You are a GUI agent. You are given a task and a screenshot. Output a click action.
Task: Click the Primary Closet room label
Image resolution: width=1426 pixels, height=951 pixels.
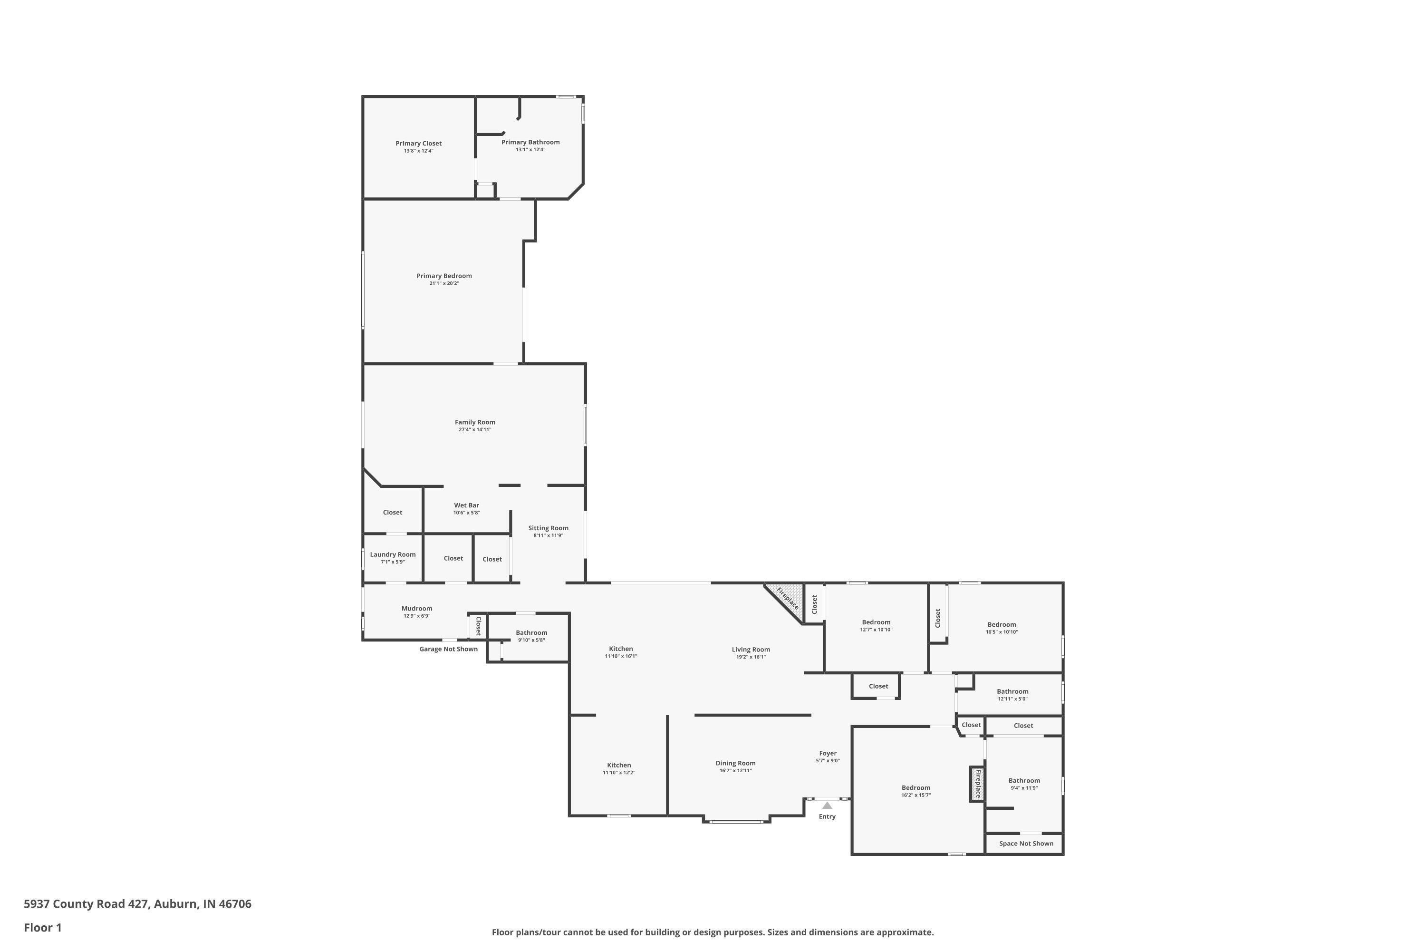click(x=418, y=144)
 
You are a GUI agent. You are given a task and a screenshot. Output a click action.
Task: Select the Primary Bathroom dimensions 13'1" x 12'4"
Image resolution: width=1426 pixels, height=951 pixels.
click(x=530, y=150)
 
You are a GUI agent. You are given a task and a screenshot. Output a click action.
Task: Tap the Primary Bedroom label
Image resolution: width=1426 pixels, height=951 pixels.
click(x=444, y=276)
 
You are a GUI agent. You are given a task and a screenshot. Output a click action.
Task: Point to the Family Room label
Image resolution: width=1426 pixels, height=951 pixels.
click(x=475, y=422)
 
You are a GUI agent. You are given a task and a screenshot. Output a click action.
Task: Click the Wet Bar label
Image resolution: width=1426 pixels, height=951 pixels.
click(x=466, y=505)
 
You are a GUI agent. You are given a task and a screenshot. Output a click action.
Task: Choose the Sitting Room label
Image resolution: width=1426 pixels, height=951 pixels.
click(x=548, y=528)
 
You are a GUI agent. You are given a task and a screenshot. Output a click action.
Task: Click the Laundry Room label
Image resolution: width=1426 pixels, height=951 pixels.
click(x=393, y=554)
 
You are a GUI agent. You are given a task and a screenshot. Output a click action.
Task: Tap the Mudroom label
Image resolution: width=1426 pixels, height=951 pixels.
click(x=416, y=608)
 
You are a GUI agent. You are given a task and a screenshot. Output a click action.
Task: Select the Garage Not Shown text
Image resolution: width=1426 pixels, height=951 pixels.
click(x=448, y=649)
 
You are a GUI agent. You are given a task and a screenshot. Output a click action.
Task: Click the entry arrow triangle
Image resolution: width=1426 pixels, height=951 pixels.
click(x=827, y=805)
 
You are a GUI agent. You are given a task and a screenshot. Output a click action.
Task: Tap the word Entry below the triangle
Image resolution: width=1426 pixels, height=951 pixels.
click(x=827, y=816)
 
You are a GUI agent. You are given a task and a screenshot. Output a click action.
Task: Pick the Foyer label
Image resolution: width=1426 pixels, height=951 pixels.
click(x=828, y=753)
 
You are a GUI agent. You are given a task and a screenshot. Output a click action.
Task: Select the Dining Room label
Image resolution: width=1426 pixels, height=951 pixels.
click(x=735, y=764)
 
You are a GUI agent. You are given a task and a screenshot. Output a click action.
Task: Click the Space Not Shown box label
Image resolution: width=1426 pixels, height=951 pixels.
click(x=1026, y=844)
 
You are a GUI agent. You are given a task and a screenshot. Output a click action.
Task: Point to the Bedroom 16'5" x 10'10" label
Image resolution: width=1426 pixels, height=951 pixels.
click(x=1001, y=625)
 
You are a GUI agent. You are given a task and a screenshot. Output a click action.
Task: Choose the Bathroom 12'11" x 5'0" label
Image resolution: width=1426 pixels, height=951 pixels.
click(x=1012, y=691)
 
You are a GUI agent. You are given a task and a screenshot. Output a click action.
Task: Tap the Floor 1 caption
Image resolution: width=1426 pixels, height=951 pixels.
click(x=42, y=927)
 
